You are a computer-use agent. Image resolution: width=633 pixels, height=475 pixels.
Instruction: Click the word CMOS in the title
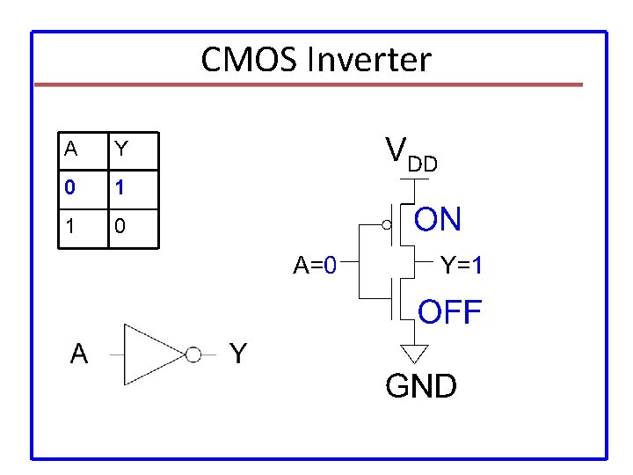[249, 60]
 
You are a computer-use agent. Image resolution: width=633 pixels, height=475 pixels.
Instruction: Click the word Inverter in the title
[369, 60]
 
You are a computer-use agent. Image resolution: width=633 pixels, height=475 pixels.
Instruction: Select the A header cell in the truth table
[84, 150]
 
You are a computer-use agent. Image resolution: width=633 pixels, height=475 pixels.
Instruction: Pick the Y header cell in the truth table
[134, 150]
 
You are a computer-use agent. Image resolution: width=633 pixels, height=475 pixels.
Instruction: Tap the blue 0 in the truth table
[69, 187]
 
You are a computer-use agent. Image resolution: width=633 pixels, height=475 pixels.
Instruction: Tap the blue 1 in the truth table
[119, 187]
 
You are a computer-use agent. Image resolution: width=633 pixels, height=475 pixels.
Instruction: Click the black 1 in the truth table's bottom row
[69, 226]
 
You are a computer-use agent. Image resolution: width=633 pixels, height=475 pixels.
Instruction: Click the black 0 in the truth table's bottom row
[120, 226]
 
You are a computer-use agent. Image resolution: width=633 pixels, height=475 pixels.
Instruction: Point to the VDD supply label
[411, 154]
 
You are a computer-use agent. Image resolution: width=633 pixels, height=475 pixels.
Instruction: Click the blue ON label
[438, 219]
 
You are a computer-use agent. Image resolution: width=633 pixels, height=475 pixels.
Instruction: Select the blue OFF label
[450, 311]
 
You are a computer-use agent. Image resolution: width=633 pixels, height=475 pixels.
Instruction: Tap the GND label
[421, 385]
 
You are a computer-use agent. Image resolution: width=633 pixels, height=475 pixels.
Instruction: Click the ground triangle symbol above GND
[414, 354]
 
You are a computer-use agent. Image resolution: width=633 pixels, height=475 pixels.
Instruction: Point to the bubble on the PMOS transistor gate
[386, 224]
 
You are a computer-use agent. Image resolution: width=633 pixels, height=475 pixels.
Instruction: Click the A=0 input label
[315, 265]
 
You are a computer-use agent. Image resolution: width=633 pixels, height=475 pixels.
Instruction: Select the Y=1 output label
[461, 265]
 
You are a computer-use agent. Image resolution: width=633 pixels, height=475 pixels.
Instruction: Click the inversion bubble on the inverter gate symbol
[193, 354]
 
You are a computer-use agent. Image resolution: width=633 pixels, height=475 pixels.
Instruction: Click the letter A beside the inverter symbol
[79, 354]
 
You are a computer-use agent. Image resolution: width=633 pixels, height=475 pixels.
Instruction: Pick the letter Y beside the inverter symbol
[238, 354]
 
